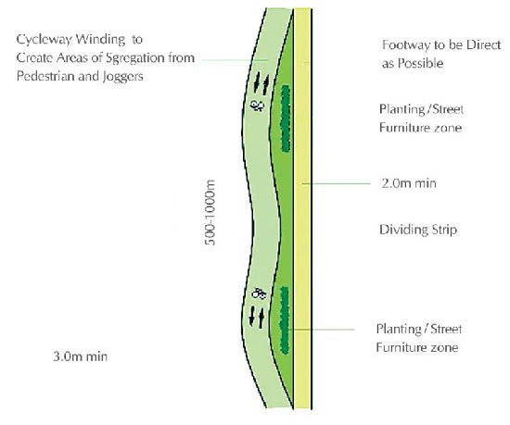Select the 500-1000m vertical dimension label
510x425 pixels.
click(210, 212)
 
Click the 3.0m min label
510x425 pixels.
click(80, 356)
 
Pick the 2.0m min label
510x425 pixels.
click(409, 183)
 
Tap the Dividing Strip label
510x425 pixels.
click(418, 230)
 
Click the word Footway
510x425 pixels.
click(404, 44)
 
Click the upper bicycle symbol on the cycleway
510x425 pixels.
click(257, 106)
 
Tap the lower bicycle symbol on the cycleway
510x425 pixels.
click(259, 294)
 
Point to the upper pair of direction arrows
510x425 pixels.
click(261, 83)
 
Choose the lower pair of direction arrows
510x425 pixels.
click(257, 317)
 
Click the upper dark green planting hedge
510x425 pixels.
click(286, 119)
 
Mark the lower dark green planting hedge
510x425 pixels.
click(285, 320)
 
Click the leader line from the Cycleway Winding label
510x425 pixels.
click(235, 60)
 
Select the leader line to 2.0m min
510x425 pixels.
click(337, 183)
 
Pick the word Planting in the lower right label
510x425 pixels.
click(398, 330)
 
